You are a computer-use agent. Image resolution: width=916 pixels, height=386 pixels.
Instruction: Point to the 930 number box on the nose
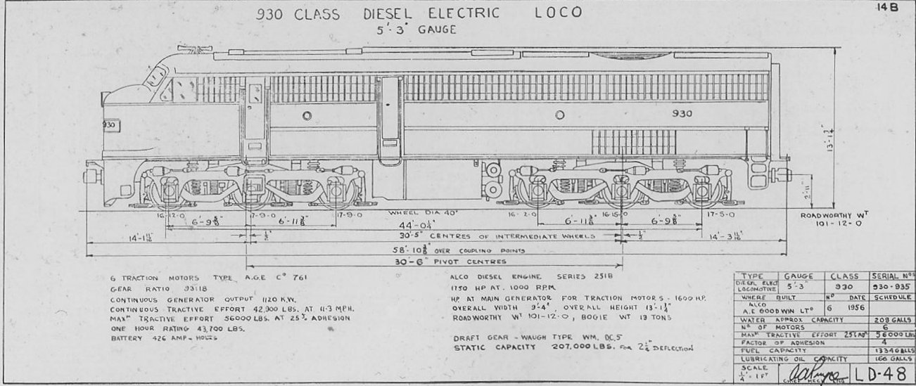(x=108, y=124)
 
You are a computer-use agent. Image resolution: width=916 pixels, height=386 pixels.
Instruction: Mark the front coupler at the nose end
(x=91, y=174)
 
